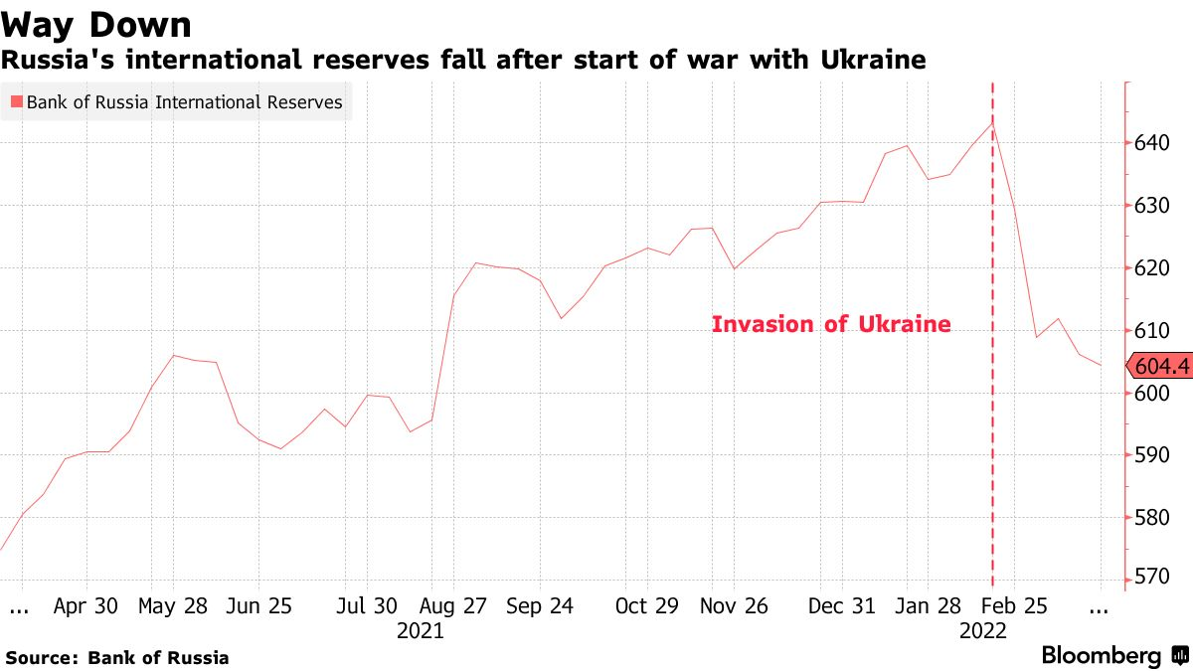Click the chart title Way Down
(x=96, y=24)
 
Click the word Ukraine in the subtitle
(x=873, y=61)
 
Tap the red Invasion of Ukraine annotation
(x=831, y=324)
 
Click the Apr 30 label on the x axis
(x=86, y=606)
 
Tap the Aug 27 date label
(x=453, y=606)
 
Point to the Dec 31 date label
(x=842, y=606)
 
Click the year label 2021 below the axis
(x=421, y=631)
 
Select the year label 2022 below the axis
(x=983, y=631)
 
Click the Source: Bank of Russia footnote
(x=117, y=657)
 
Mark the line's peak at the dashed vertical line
(x=992, y=122)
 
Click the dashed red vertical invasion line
(x=993, y=447)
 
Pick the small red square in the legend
(x=16, y=101)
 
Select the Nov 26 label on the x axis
(x=734, y=606)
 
